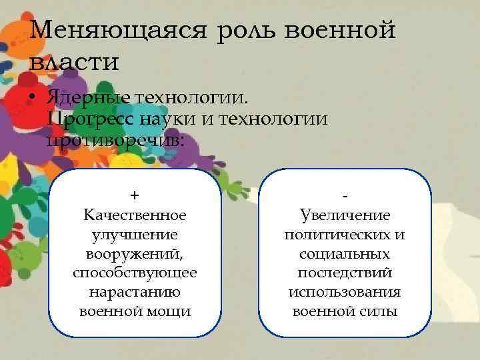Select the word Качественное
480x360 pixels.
pyautogui.click(x=135, y=215)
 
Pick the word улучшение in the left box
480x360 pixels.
pyautogui.click(x=135, y=235)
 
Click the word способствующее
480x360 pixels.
pyautogui.click(x=135, y=273)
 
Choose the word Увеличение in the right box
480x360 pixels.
pyautogui.click(x=345, y=215)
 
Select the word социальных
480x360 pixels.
pyautogui.click(x=345, y=254)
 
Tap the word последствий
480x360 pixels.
pyautogui.click(x=345, y=273)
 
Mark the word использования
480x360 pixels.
pyautogui.click(x=345, y=293)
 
